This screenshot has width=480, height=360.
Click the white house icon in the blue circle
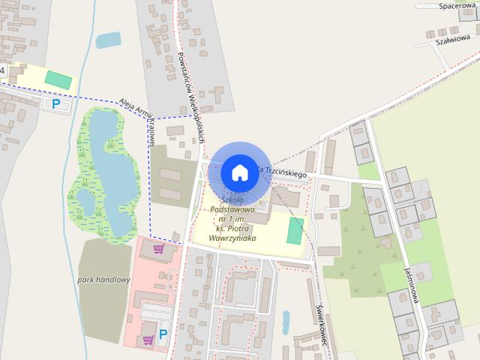click(x=239, y=172)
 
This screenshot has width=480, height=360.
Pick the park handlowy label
click(x=103, y=280)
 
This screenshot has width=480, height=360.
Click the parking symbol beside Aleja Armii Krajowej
click(x=55, y=104)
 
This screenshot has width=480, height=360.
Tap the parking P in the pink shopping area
click(x=163, y=333)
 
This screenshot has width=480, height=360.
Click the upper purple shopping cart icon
click(x=159, y=249)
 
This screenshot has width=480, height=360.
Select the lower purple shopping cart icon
click(x=148, y=340)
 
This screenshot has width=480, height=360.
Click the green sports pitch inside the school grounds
click(x=295, y=230)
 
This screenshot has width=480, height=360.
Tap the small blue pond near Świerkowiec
click(x=286, y=322)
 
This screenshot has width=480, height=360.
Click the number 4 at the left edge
click(x=2, y=70)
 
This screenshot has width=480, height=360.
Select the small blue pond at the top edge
click(x=109, y=40)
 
